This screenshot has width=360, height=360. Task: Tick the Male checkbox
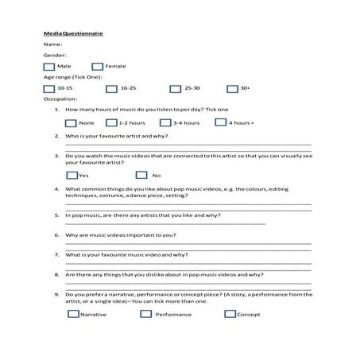click(50, 67)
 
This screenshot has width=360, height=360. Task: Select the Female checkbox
click(98, 67)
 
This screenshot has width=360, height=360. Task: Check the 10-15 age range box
click(50, 89)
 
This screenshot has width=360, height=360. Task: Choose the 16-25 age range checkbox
click(112, 89)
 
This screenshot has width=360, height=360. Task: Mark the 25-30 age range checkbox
click(175, 89)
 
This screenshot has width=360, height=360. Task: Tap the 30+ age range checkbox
click(232, 89)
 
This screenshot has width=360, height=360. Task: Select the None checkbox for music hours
click(71, 123)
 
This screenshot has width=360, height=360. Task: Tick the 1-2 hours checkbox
click(112, 123)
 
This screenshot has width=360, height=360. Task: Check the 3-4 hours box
click(166, 123)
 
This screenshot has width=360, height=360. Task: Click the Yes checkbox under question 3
click(72, 175)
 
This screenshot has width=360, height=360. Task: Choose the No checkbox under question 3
click(141, 175)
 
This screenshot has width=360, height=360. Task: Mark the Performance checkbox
click(145, 314)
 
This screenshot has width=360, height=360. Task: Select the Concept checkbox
click(231, 314)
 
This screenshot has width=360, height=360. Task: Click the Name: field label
click(52, 45)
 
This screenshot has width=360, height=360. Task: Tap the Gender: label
click(54, 56)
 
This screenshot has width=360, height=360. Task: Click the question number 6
click(56, 236)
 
